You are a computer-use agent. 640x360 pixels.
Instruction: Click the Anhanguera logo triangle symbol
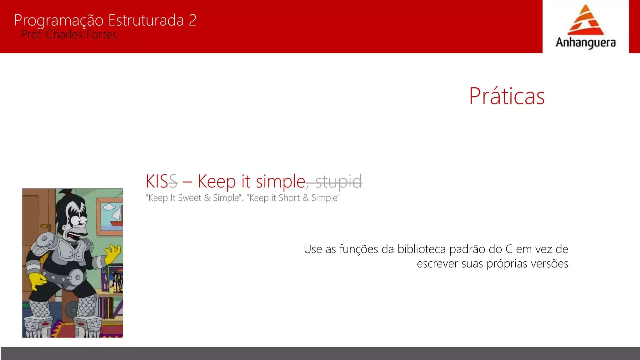coord(585,21)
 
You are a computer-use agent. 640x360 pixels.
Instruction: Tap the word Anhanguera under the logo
coord(586,42)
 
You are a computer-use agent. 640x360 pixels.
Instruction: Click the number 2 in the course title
coord(192,20)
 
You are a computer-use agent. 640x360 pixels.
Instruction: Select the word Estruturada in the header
coord(146,20)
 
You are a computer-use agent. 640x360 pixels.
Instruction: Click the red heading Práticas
coord(507,96)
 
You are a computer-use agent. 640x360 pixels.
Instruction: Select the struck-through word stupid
coord(339,182)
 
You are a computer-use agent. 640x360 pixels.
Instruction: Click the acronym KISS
coord(162,181)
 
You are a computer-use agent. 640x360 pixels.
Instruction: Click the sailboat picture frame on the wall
coord(110,217)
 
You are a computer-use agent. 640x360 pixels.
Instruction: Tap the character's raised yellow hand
coord(113,253)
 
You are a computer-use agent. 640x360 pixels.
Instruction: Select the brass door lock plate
coord(44,226)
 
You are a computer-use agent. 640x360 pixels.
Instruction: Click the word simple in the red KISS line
coord(280,182)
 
